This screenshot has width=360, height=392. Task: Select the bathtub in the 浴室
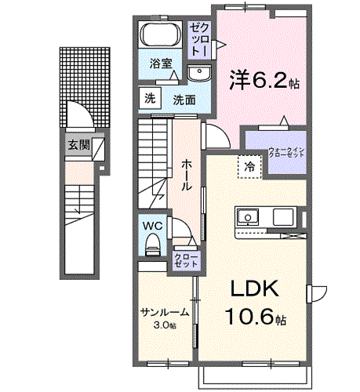(x=161, y=37)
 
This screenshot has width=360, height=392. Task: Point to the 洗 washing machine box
(x=149, y=99)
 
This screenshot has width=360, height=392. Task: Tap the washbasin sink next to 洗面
(x=198, y=73)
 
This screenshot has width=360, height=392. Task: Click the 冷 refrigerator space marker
(x=249, y=166)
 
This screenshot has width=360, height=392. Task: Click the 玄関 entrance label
(x=77, y=145)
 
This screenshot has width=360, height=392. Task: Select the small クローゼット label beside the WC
(x=187, y=260)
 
